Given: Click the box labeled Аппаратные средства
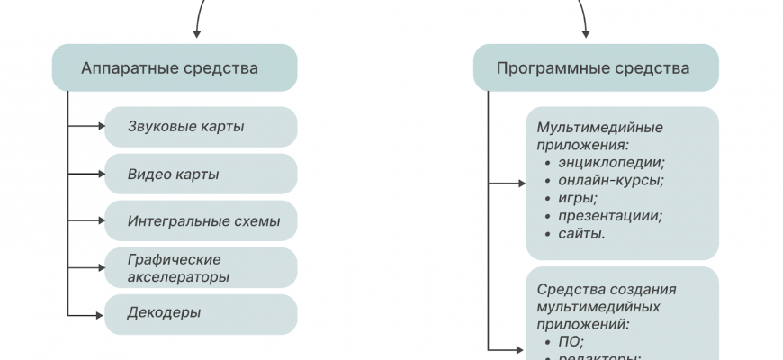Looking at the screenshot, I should (x=174, y=67).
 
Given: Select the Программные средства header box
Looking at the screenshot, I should (x=595, y=67).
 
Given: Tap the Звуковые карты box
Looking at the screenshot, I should (x=200, y=127).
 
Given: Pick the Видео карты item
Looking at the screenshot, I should (x=200, y=174).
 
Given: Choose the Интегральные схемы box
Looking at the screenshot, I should (x=200, y=220).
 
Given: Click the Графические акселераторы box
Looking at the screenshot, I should (x=200, y=267).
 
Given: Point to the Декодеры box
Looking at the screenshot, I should (x=200, y=313).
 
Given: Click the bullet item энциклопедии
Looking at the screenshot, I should (x=611, y=162).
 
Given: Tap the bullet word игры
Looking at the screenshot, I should (x=578, y=198).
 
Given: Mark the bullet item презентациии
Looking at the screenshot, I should (x=609, y=216).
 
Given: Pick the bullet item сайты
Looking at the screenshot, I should (x=581, y=234).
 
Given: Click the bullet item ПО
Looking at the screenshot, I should (x=571, y=342).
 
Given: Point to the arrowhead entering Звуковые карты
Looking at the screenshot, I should (x=100, y=127).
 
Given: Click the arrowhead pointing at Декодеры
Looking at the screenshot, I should (x=100, y=314).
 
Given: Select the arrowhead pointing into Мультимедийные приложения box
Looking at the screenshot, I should (x=521, y=184).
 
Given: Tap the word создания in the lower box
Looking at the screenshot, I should (x=645, y=289).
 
